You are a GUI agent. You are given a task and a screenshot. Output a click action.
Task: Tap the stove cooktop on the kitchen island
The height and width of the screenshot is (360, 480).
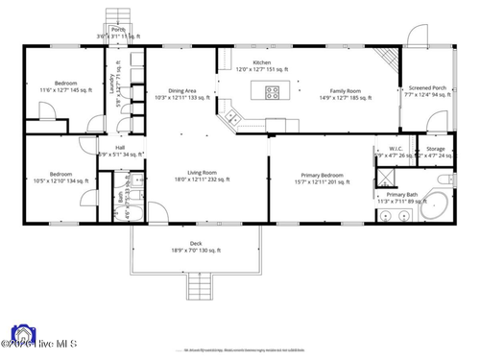coord(273,93)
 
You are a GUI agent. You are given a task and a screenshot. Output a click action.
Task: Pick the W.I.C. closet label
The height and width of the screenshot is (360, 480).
coord(394,152)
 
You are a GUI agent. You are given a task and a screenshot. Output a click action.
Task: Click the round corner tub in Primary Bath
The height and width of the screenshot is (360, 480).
coord(437,205)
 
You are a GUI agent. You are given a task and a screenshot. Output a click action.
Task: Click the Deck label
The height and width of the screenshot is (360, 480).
coord(196,247)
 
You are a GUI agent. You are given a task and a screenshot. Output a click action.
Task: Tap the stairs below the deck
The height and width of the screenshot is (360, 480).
coord(200,285)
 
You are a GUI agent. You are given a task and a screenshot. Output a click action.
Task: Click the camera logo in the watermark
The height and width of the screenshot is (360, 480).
coord(20,338)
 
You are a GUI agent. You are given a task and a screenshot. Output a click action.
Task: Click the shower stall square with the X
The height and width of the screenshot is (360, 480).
coord(384,177)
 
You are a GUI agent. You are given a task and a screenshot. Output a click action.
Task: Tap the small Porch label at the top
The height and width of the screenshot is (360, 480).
coord(118,31)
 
